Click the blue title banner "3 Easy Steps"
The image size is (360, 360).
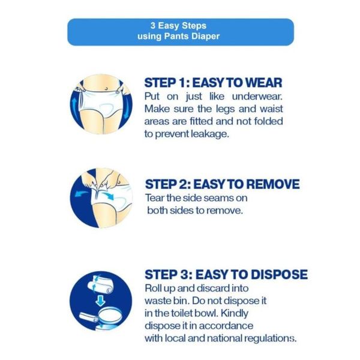tap(181, 32)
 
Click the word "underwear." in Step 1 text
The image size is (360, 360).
tap(257, 97)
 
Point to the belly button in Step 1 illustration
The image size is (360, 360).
tap(106, 88)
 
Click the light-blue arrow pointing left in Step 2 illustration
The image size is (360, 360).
tap(81, 194)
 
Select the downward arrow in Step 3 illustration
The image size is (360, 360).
tap(100, 301)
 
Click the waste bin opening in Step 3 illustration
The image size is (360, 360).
tap(110, 316)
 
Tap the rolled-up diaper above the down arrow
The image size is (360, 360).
tap(100, 284)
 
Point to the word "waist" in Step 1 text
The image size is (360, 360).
tap(271, 109)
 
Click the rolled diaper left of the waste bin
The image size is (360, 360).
tap(89, 318)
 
